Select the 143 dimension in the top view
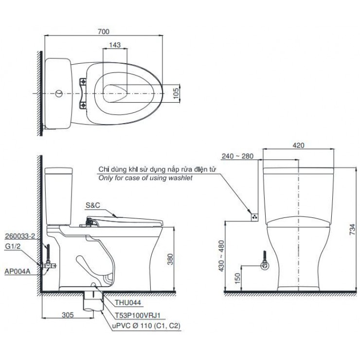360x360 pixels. point(115,44)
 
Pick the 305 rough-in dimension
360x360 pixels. point(68,315)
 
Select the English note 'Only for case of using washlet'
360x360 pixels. point(145,178)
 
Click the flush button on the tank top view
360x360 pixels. point(59,92)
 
